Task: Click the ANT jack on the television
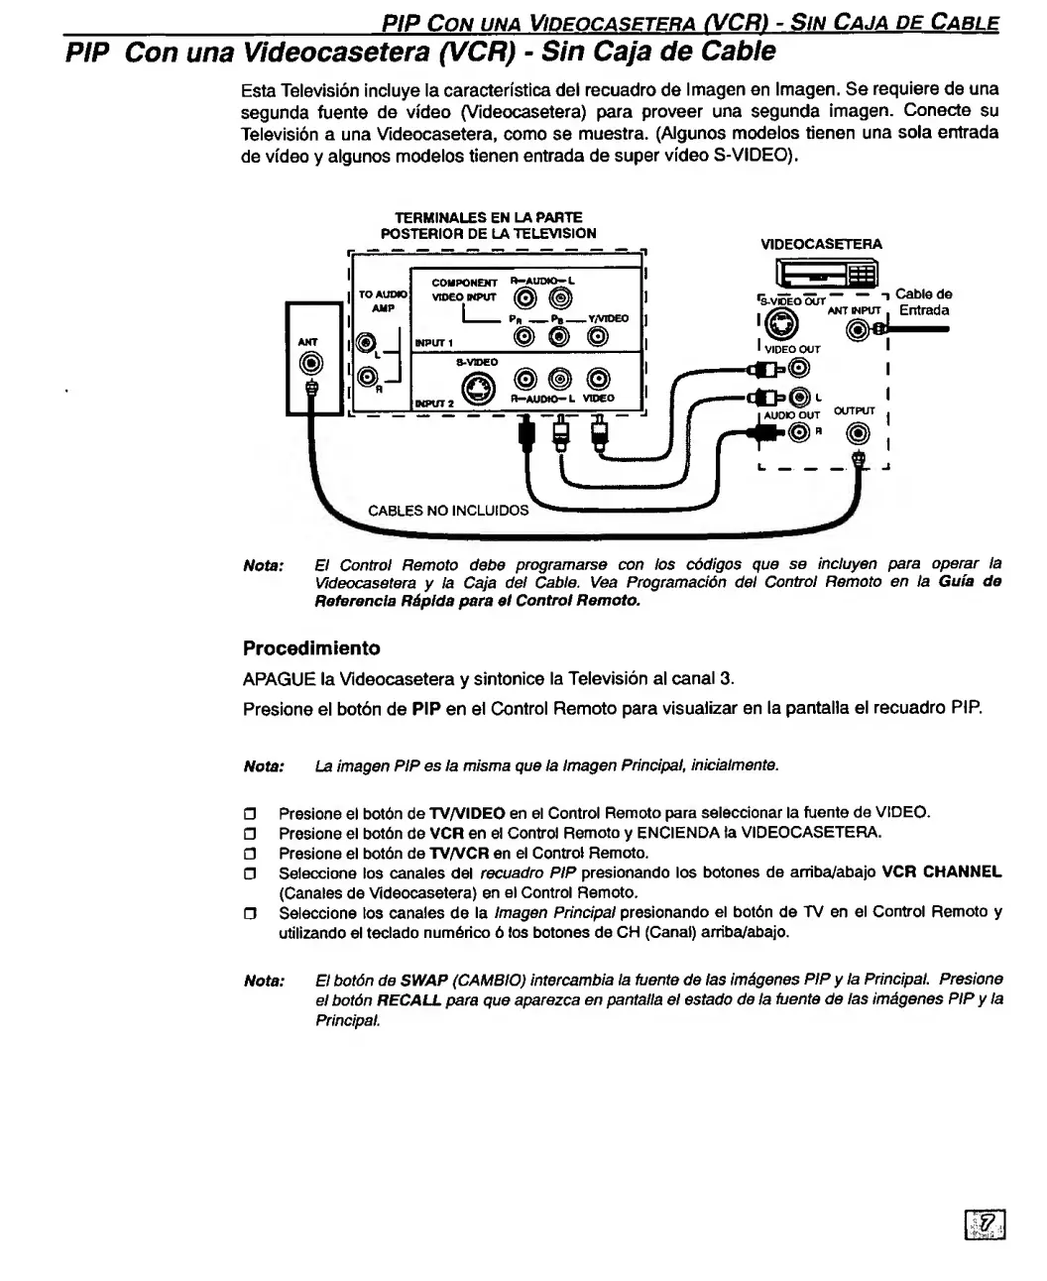point(312,363)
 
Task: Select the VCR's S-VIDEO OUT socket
point(784,322)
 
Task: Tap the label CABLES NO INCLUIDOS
point(448,512)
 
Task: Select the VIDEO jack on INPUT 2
point(598,378)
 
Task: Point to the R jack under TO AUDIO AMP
point(367,375)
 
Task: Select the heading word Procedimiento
point(311,648)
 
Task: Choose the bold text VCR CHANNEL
point(942,873)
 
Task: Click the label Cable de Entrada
point(923,302)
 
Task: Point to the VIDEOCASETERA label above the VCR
point(821,244)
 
